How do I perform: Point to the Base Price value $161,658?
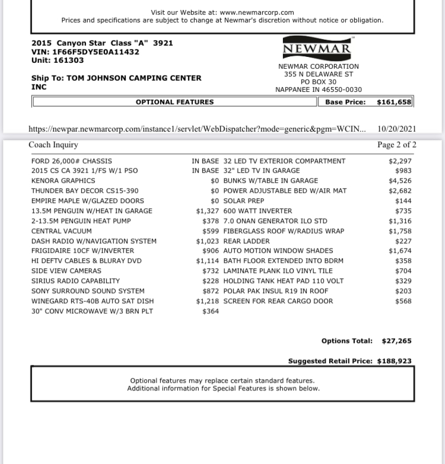[x=394, y=102]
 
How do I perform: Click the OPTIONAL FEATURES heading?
[x=174, y=102]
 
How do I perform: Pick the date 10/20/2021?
[x=397, y=129]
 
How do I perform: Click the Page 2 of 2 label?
[x=397, y=145]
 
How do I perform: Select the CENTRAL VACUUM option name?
[x=62, y=231]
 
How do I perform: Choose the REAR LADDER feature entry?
[x=247, y=241]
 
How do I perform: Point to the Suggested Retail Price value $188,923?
[x=394, y=361]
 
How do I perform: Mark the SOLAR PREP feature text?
[x=244, y=201]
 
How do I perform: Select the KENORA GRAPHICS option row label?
[x=63, y=180]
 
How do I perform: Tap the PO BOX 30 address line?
[x=319, y=82]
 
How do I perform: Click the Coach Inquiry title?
[x=53, y=145]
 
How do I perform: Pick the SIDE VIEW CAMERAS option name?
[x=66, y=271]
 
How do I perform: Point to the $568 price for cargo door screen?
[x=403, y=301]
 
